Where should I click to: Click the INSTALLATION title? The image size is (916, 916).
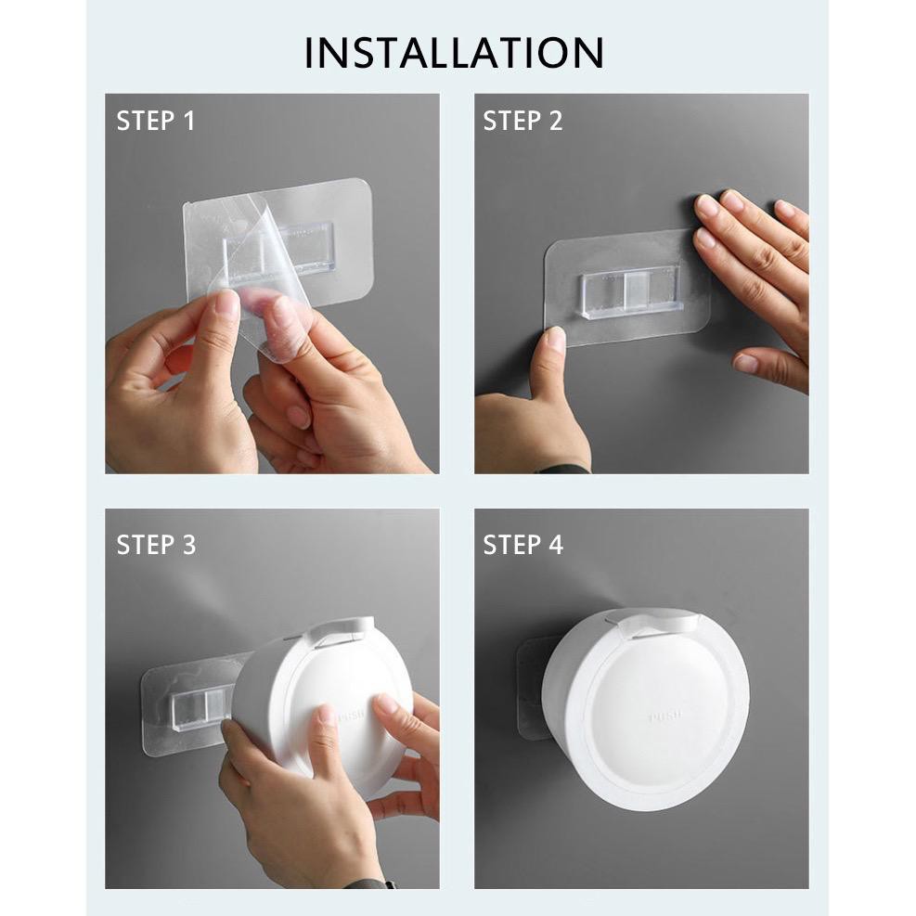[454, 53]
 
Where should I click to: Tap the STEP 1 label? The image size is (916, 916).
[155, 121]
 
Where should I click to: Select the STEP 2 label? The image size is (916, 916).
[523, 121]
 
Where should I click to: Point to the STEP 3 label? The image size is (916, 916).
[156, 545]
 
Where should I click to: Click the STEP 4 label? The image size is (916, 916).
[523, 545]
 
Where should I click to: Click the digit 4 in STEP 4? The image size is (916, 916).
[555, 545]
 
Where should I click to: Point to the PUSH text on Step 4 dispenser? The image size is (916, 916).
[665, 716]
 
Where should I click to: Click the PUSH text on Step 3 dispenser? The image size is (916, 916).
[349, 714]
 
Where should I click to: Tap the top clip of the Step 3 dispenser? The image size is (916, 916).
[340, 632]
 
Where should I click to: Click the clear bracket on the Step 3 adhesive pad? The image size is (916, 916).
[202, 708]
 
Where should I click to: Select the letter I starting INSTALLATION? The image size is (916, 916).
[308, 53]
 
